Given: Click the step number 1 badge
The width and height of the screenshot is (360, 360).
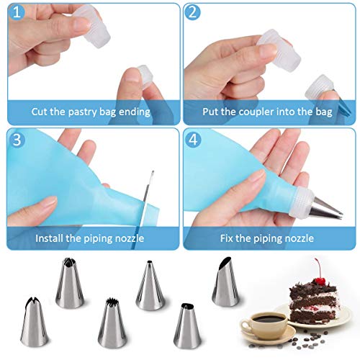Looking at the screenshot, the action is click(x=17, y=12).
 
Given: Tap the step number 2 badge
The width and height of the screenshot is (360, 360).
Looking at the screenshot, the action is click(x=193, y=12).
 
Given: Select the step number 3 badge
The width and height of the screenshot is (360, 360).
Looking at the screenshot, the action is click(x=17, y=140).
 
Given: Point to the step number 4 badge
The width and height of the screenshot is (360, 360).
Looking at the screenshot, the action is click(x=193, y=140).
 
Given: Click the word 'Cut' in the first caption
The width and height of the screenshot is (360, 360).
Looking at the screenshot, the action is click(x=40, y=112).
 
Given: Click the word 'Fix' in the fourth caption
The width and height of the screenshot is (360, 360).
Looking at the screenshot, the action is click(x=226, y=238).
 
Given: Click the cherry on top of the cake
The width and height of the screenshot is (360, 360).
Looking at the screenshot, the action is click(x=320, y=280).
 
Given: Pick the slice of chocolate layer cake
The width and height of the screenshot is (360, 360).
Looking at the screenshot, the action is click(x=312, y=302).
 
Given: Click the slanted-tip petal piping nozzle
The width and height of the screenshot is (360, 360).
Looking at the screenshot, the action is click(x=225, y=282).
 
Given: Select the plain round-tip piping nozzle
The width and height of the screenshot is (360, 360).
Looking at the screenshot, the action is click(x=150, y=285).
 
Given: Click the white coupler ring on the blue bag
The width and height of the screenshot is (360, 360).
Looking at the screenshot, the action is click(x=301, y=202).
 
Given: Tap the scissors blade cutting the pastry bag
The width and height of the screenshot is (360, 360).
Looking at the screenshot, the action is click(x=147, y=197).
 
